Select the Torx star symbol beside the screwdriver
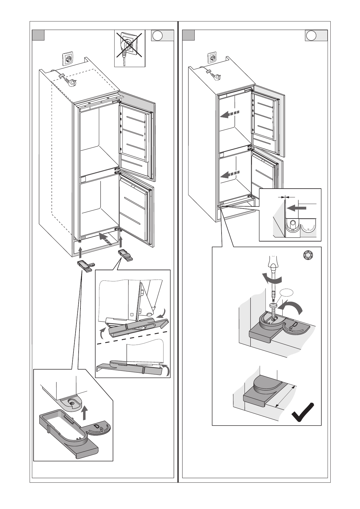[308, 256]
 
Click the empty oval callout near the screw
[287, 293]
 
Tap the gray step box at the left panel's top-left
[38, 35]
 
